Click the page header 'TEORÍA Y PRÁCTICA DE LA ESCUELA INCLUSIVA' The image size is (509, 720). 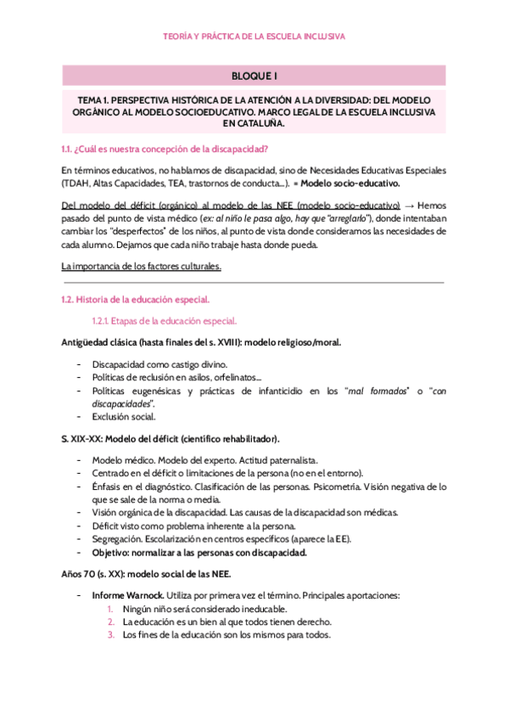click(254, 37)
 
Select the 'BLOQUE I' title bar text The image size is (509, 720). click(254, 76)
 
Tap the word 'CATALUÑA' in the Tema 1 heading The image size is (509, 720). click(254, 123)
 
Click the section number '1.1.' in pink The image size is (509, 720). click(67, 149)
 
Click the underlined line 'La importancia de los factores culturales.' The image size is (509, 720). click(142, 267)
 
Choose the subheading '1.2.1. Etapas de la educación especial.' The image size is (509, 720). click(164, 322)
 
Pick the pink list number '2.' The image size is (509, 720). click(110, 622)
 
